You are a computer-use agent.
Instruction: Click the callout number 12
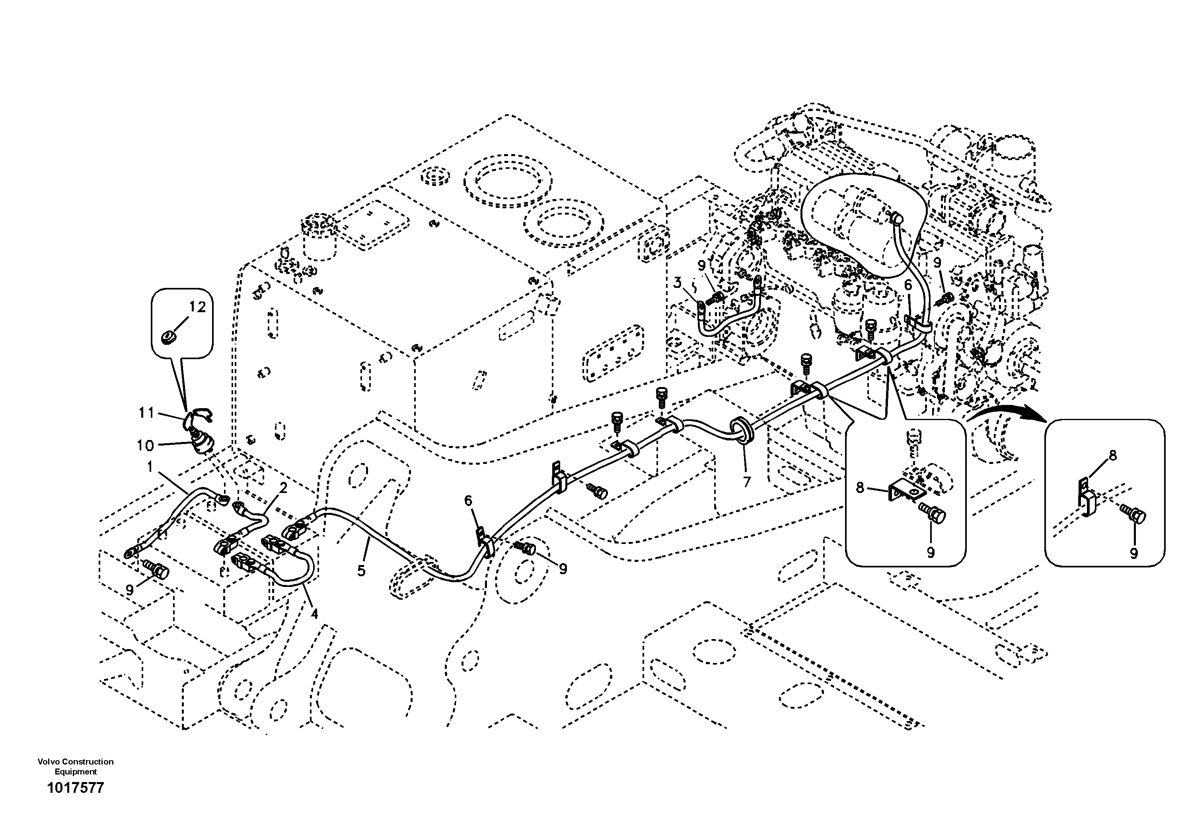197,307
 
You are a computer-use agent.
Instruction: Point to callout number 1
150,467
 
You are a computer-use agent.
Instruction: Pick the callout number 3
677,283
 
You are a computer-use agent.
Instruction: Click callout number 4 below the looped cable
314,614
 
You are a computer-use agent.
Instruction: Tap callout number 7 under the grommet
747,482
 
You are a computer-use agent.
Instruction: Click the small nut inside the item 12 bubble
167,338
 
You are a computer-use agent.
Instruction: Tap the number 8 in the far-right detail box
1113,455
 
